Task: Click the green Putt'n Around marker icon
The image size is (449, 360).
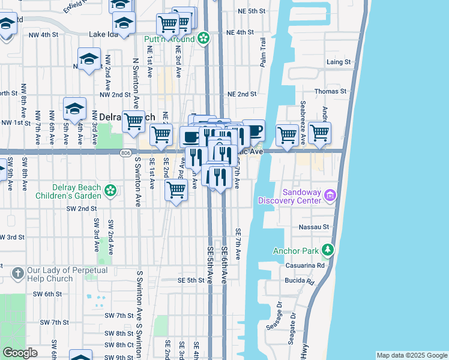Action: coord(204,39)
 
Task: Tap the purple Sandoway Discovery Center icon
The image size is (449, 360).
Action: coord(330,195)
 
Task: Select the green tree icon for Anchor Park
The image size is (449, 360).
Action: coord(327,250)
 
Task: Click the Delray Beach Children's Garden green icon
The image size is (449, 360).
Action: coord(110,191)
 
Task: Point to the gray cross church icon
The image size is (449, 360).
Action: coord(17,274)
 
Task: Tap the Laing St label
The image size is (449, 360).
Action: coord(339,62)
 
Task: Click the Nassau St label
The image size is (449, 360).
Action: coord(318,227)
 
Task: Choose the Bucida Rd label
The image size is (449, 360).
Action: coord(302,281)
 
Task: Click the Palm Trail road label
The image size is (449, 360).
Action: coord(262,52)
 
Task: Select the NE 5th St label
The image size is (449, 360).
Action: coord(251,11)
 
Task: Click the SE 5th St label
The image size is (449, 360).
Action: coord(191,280)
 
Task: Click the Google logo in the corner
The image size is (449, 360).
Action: coord(20,353)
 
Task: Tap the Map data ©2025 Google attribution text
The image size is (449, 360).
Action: coord(412,356)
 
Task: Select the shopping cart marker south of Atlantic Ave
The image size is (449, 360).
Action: coord(176,190)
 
